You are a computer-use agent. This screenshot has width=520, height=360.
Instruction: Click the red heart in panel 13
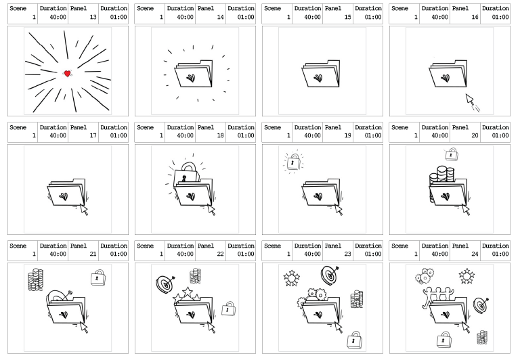tap(67, 74)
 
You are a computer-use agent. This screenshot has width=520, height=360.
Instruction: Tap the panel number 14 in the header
tap(221, 17)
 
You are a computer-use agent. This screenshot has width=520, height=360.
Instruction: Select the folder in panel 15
tap(321, 74)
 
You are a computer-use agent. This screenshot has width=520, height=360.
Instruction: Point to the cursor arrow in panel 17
tap(85, 210)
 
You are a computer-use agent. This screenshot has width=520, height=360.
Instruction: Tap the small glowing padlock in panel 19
tap(293, 162)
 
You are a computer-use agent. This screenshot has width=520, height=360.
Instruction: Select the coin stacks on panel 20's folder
tap(441, 175)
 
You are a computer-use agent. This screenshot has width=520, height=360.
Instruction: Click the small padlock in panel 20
tap(452, 154)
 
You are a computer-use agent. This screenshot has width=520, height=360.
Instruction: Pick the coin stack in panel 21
tap(35, 279)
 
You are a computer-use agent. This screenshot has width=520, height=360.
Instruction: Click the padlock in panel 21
tap(98, 277)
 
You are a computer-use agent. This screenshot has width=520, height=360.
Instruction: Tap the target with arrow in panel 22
tap(165, 284)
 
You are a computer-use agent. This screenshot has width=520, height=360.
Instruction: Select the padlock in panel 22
tap(229, 309)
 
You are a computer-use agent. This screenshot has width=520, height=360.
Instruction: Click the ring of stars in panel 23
tap(292, 278)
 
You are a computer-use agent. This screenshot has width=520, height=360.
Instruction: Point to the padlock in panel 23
tap(354, 340)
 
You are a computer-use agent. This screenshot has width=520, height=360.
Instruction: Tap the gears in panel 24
tap(424, 276)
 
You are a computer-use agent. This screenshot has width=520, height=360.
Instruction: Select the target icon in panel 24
tap(481, 305)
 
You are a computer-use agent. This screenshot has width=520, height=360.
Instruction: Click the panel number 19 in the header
tap(347, 135)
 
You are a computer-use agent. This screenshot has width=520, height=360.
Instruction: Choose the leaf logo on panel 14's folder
tap(191, 78)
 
